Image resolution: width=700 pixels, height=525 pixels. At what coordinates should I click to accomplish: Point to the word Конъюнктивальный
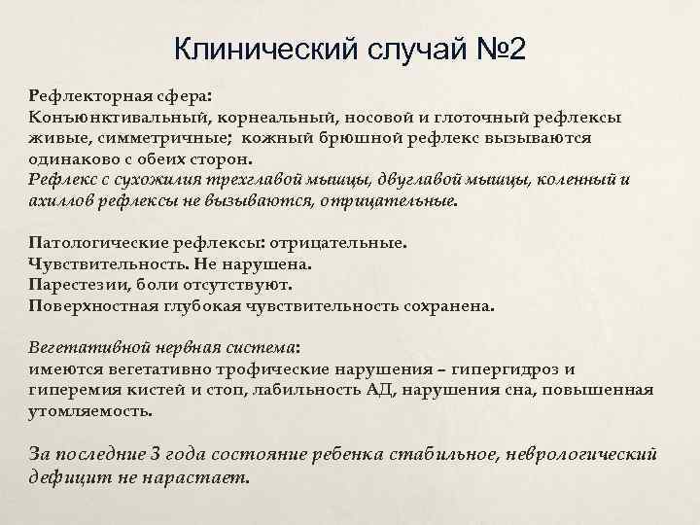(107, 117)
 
